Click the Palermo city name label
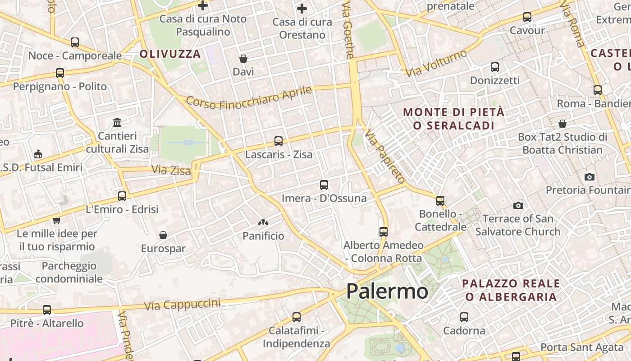click(x=387, y=291)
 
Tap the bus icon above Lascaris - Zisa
click(x=279, y=141)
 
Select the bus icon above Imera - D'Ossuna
click(x=324, y=185)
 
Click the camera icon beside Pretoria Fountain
click(x=589, y=177)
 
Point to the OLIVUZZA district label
click(x=170, y=54)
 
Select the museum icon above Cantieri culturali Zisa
click(x=117, y=122)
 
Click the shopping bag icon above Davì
click(x=243, y=59)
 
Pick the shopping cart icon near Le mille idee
click(x=56, y=221)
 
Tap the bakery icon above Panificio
click(x=263, y=222)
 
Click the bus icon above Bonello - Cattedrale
click(x=440, y=200)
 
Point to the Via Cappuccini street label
click(x=182, y=305)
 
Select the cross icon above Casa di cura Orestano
click(x=302, y=8)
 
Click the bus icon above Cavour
click(x=527, y=17)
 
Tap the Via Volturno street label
click(x=436, y=63)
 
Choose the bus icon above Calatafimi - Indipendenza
click(x=296, y=317)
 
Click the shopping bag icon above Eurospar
click(x=163, y=235)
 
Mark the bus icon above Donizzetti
click(x=494, y=67)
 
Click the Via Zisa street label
click(x=171, y=170)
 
